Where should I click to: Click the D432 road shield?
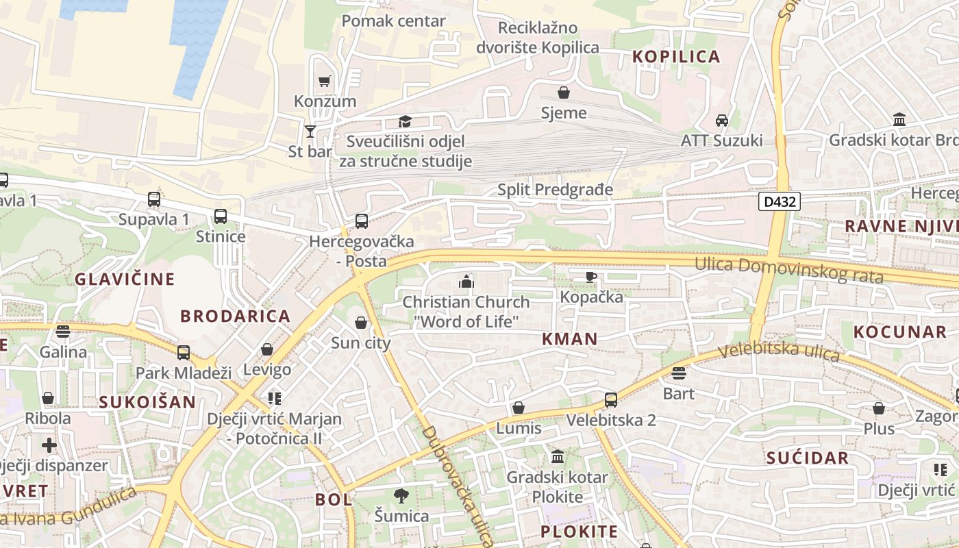[780, 201]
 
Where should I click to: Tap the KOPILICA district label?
[676, 57]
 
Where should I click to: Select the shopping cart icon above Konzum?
[325, 81]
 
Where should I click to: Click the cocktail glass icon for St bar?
[310, 131]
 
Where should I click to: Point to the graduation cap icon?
[406, 121]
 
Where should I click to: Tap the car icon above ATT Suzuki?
[721, 121]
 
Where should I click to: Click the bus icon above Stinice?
[221, 216]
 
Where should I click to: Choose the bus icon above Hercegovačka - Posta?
[361, 221]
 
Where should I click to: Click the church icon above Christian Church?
[466, 281]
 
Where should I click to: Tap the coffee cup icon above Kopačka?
[591, 277]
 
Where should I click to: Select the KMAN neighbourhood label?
[570, 338]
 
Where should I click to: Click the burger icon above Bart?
[679, 373]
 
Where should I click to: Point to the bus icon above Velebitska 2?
[610, 399]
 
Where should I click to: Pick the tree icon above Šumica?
[401, 495]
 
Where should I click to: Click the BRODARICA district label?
[235, 316]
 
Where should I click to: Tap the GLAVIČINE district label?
[125, 279]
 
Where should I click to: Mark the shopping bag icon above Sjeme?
[564, 92]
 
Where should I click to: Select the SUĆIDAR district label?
[808, 458]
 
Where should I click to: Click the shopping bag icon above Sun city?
[361, 323]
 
